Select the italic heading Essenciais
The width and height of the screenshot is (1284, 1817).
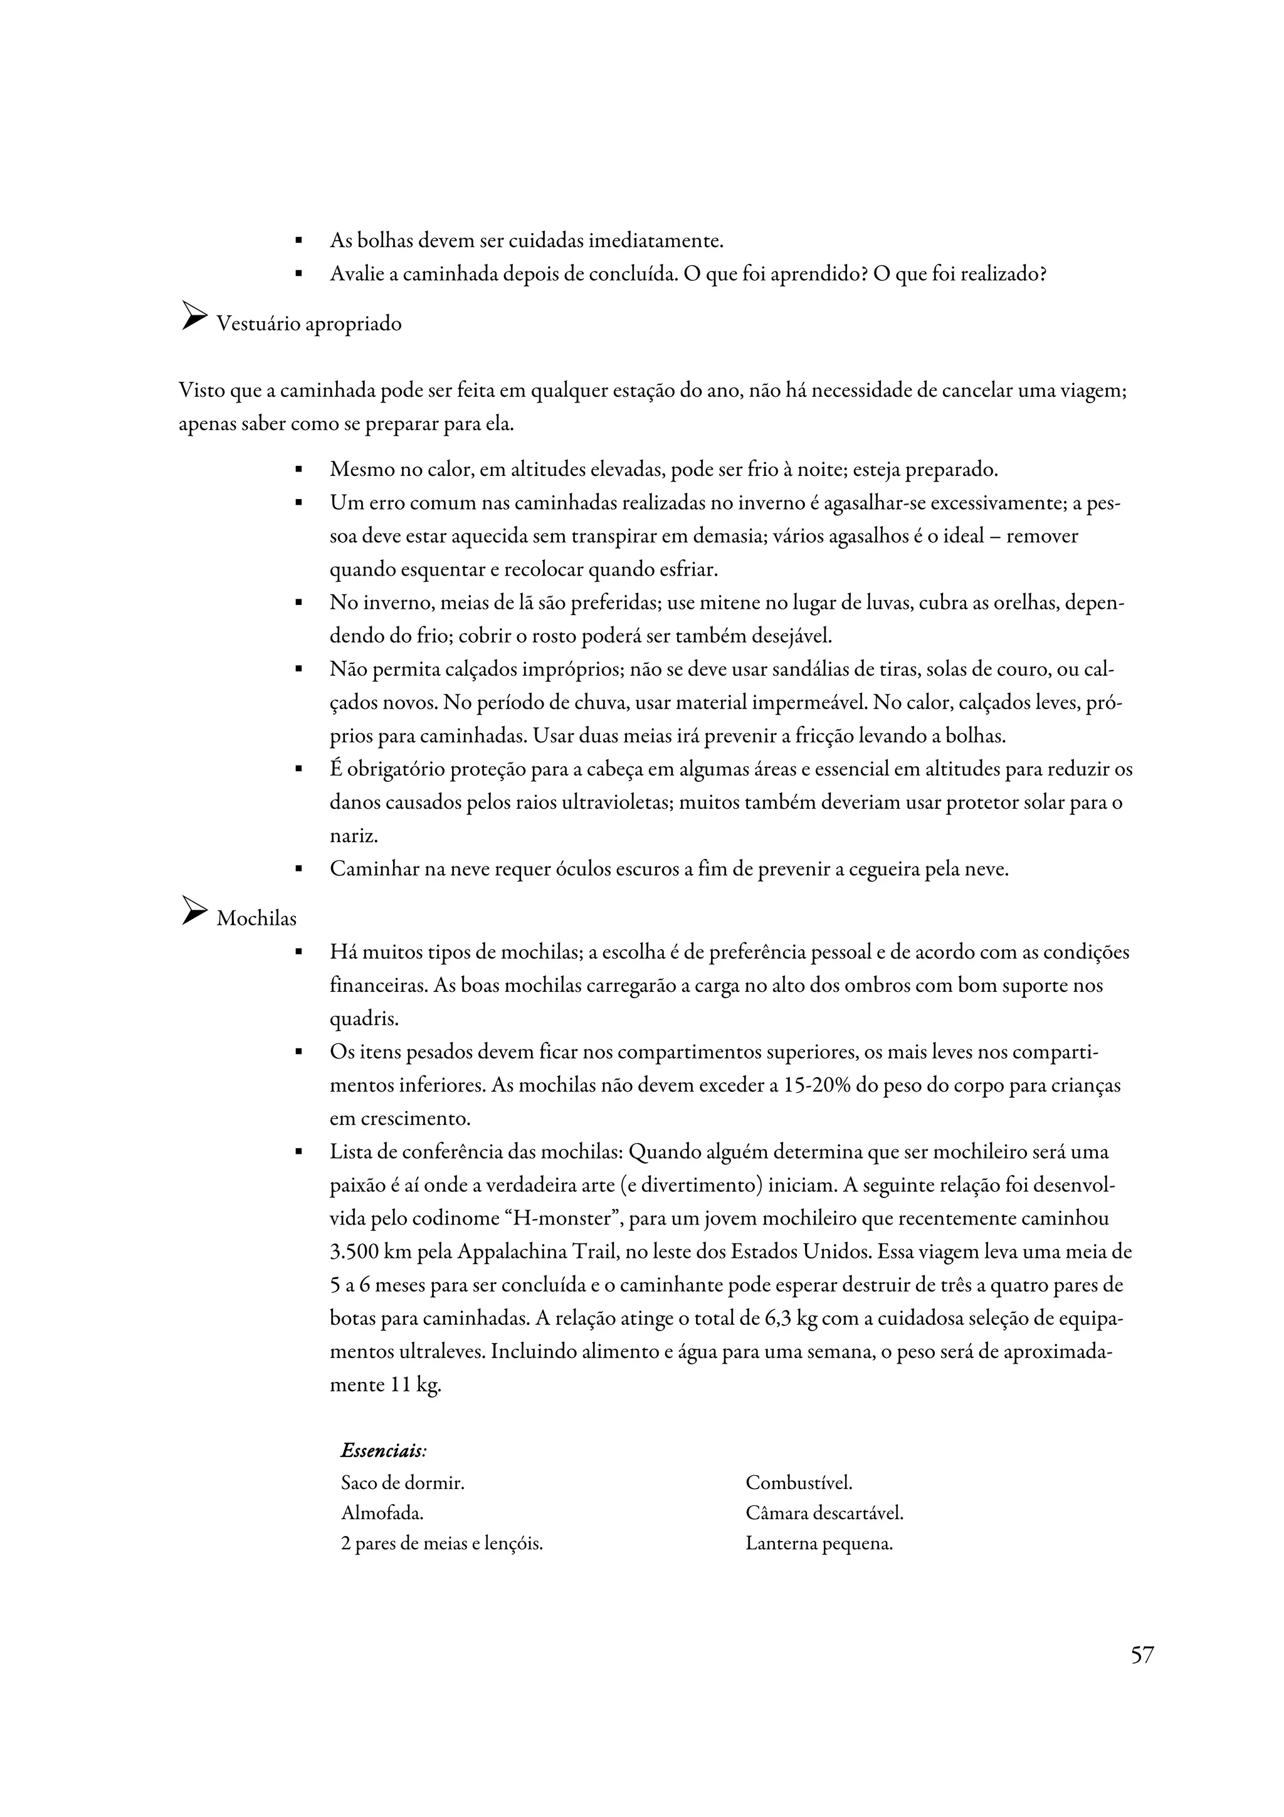tap(384, 1451)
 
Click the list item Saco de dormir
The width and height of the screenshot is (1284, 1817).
tap(402, 1483)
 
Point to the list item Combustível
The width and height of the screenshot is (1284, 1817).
tap(798, 1483)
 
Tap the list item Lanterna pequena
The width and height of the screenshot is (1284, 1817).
tap(819, 1544)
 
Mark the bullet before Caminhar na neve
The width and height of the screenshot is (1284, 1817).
tap(298, 870)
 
